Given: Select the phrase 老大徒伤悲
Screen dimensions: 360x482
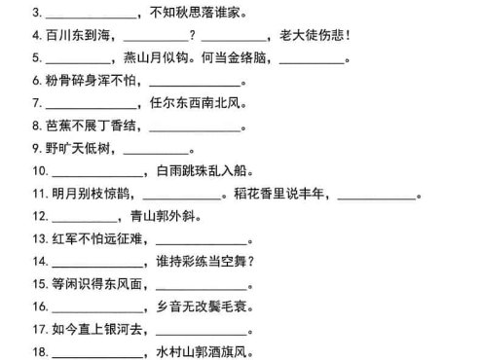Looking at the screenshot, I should click(318, 36).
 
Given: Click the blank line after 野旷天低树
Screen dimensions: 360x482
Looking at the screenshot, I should click(155, 151).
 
